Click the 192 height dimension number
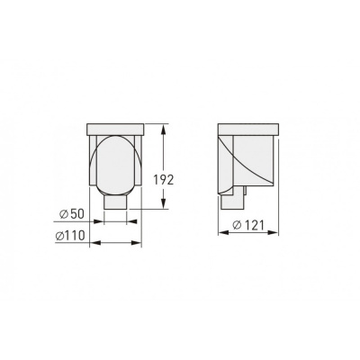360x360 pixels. pyautogui.click(x=164, y=180)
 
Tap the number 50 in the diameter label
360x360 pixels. pyautogui.click(x=76, y=214)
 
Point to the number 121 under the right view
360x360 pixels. pyautogui.click(x=254, y=225)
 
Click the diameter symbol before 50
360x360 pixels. pyautogui.click(x=64, y=214)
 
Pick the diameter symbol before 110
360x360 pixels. pyautogui.click(x=59, y=236)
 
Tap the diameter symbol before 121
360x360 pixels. pyautogui.click(x=237, y=225)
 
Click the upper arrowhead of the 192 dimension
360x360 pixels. pyautogui.click(x=163, y=130)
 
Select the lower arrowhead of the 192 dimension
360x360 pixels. pyautogui.click(x=163, y=202)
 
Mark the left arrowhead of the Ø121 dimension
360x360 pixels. pyautogui.click(x=224, y=232)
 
